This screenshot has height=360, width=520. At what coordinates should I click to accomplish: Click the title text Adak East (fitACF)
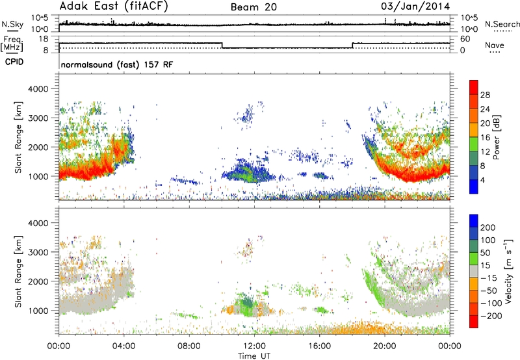coord(114,6)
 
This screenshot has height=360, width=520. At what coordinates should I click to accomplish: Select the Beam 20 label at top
coord(253,7)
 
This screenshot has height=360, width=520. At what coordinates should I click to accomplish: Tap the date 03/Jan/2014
coord(415,6)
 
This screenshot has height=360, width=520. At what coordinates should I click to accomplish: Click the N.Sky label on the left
coord(12,24)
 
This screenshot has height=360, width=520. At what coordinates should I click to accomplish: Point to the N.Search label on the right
coord(502,24)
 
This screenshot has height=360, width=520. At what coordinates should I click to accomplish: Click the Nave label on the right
coord(495,45)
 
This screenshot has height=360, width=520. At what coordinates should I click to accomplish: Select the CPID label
coord(14,62)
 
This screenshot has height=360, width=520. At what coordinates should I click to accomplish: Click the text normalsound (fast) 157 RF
coord(117,64)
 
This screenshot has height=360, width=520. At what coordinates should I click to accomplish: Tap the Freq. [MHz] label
coord(12,44)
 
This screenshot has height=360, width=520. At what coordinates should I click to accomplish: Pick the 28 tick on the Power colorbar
coord(485,95)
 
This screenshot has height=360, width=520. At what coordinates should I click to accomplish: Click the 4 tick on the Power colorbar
coord(482,181)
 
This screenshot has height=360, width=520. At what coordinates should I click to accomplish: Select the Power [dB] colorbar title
coord(496,137)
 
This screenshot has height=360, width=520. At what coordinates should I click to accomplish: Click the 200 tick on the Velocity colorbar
coord(488,227)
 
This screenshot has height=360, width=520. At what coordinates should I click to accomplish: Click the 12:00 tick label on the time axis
coord(254,346)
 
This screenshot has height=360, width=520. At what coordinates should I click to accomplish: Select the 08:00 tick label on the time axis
coord(189,346)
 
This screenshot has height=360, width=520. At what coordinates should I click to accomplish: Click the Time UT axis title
coord(254,356)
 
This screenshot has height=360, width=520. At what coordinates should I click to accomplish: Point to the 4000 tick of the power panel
coord(38,89)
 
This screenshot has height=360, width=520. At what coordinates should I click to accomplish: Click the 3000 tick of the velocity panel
coord(38,252)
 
